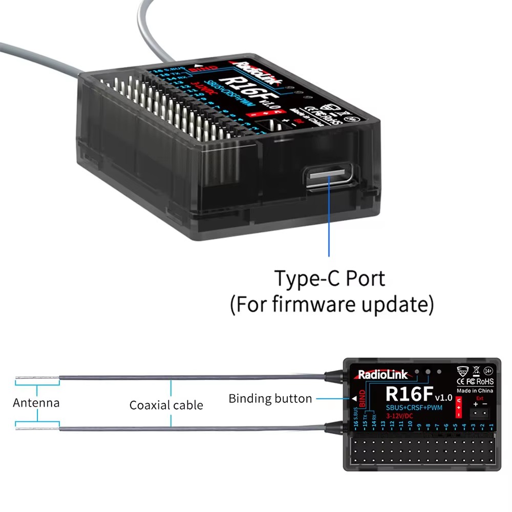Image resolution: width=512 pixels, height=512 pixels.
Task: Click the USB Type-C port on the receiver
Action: pyautogui.click(x=328, y=177)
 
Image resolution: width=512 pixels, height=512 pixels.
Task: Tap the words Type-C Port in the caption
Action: pyautogui.click(x=329, y=279)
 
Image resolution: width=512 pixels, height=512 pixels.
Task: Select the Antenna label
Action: pyautogui.click(x=36, y=402)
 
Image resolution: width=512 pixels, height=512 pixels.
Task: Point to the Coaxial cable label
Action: pyautogui.click(x=166, y=406)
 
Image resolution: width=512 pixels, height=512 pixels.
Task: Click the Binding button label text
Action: pyautogui.click(x=270, y=398)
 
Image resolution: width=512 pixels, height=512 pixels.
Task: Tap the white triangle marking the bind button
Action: pyautogui.click(x=354, y=398)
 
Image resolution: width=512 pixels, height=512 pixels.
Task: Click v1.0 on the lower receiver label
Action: pyautogui.click(x=443, y=397)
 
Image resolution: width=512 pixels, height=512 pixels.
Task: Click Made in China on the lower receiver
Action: pyautogui.click(x=478, y=391)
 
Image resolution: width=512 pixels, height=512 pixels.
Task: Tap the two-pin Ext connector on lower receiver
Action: pyautogui.click(x=480, y=412)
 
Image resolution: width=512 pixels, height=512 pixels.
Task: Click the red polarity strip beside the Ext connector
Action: pyautogui.click(x=458, y=407)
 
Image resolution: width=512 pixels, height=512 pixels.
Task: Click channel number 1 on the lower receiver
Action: pyautogui.click(x=492, y=425)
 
